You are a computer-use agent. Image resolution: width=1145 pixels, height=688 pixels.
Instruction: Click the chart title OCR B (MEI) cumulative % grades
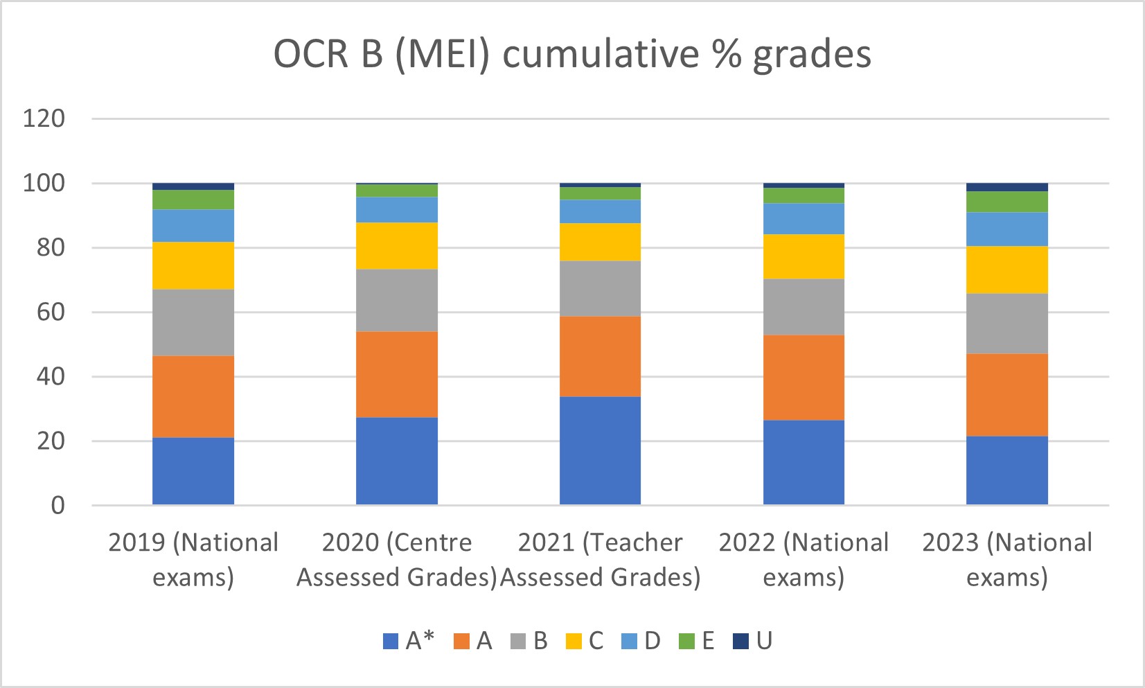(x=572, y=54)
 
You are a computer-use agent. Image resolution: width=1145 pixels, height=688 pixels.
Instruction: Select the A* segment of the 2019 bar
(x=193, y=471)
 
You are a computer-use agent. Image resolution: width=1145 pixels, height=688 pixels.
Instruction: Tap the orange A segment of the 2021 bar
(x=600, y=356)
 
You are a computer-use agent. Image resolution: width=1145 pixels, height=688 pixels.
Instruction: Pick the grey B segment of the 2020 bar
(x=397, y=300)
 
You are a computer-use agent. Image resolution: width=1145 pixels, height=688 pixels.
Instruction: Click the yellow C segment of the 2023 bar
(x=1007, y=270)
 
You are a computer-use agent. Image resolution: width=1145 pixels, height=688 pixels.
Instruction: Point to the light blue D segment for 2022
(x=804, y=219)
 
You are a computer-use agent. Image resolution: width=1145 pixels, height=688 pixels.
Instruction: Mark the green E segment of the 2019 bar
(x=193, y=200)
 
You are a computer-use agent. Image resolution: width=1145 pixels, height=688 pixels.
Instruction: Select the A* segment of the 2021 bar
(x=600, y=450)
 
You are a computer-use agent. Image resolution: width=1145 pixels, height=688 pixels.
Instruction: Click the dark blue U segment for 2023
(x=1007, y=187)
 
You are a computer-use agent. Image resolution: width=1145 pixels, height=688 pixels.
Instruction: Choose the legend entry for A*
(x=409, y=641)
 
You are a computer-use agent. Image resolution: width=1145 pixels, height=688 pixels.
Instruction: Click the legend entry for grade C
(x=585, y=641)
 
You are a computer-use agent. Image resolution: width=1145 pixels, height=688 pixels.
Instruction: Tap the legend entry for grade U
(x=753, y=641)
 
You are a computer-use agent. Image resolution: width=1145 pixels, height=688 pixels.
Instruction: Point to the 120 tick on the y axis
(x=44, y=118)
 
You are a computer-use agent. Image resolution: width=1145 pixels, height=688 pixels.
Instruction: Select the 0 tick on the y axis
(x=58, y=505)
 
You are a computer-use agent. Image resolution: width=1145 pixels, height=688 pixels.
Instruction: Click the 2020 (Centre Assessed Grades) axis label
(x=397, y=560)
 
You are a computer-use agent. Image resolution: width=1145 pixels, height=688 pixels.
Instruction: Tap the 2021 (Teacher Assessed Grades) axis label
(x=600, y=560)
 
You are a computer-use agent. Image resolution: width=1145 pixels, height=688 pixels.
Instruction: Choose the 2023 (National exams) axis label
(x=1007, y=560)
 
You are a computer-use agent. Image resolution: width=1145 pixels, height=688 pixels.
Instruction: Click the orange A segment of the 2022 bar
(x=804, y=378)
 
